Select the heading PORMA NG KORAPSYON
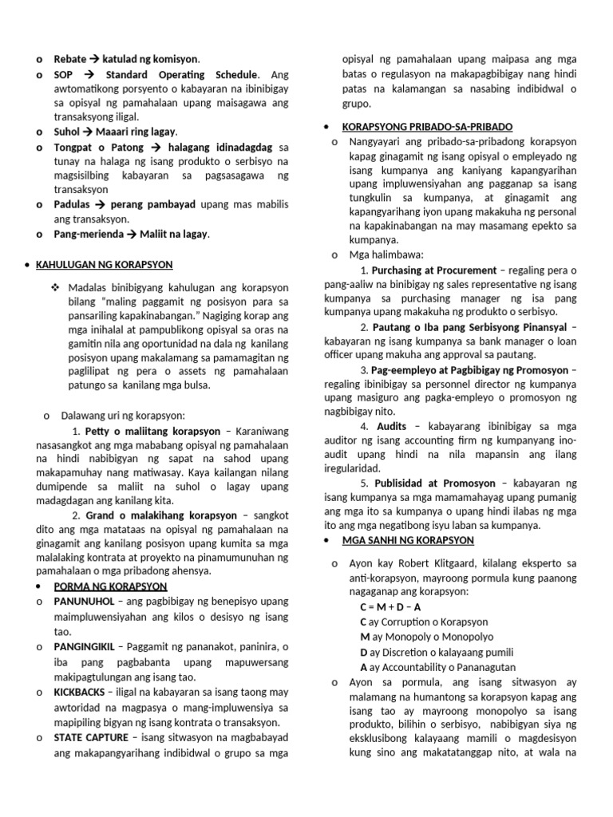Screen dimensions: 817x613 (x=100, y=586)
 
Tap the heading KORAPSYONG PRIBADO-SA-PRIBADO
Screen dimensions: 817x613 (x=427, y=127)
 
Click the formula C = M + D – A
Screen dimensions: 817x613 (x=391, y=607)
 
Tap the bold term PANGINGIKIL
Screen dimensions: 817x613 (x=86, y=646)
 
